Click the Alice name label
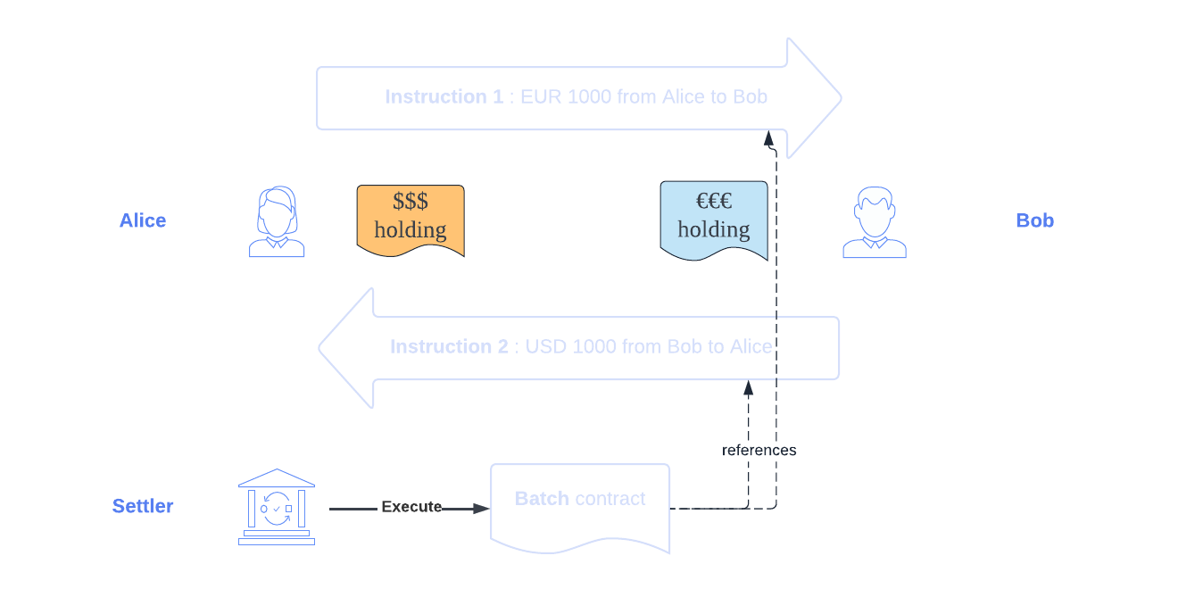143,220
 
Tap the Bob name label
1034,220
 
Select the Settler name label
143,506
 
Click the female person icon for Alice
277,223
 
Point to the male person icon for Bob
875,223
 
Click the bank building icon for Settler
277,506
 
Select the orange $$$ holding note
411,219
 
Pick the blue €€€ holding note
714,219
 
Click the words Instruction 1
444,96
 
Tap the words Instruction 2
449,346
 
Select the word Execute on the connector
411,507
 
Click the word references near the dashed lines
759,450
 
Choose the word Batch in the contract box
542,499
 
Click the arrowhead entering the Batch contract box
482,509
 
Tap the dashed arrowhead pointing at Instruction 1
768,138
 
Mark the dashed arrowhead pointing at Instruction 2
749,387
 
